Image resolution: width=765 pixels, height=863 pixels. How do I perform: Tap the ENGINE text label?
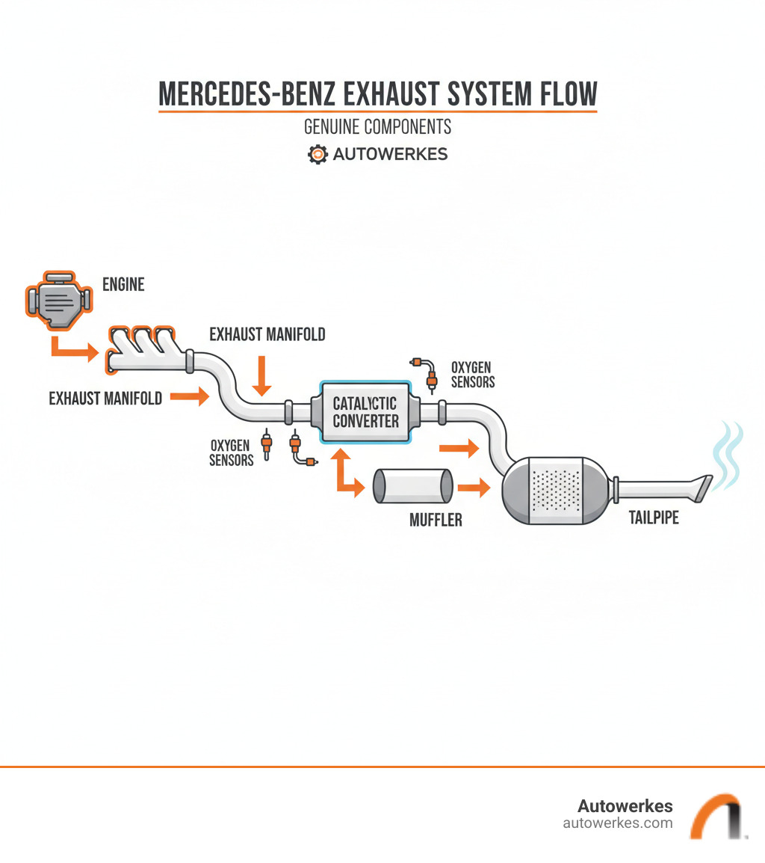tap(123, 284)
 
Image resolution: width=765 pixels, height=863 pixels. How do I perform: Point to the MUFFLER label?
tap(436, 519)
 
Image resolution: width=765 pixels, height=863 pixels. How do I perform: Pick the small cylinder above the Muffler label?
tap(412, 486)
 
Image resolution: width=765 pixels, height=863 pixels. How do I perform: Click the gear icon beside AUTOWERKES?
tap(318, 154)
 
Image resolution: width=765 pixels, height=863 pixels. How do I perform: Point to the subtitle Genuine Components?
tap(377, 127)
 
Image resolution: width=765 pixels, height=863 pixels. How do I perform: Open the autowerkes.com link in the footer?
tap(617, 823)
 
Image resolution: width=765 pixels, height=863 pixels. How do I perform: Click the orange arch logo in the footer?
tap(715, 816)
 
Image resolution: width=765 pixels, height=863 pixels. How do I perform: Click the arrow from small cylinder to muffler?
tap(473, 488)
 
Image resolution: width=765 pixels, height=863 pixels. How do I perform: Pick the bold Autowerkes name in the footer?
tap(625, 805)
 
